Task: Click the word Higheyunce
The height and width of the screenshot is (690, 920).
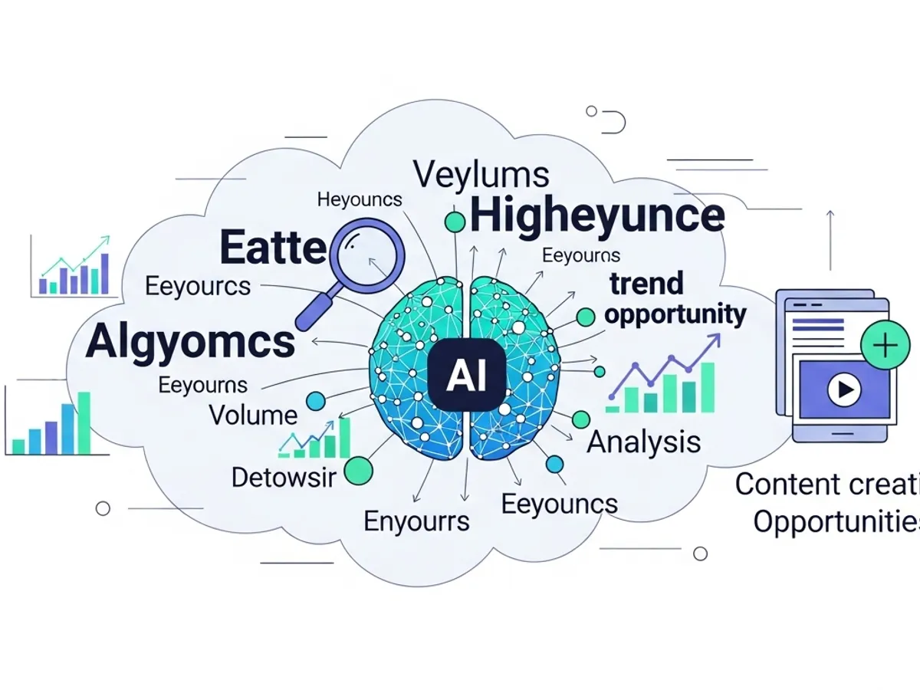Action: pos(597,215)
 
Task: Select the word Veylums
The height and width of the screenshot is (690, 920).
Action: pos(481,175)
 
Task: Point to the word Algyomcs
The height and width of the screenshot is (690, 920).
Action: pos(190,342)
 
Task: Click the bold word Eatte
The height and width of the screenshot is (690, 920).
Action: pos(273,248)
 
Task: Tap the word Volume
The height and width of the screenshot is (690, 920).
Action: pos(253,416)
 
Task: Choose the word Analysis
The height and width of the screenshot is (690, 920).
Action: pos(644,442)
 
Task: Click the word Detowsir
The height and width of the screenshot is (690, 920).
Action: pos(284,478)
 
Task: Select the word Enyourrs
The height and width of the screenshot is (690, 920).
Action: pos(416,521)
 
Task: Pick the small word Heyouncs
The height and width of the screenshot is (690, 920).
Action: pos(359,199)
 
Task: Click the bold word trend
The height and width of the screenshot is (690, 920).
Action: pos(646,284)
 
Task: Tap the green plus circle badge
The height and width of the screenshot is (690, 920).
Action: pos(886,346)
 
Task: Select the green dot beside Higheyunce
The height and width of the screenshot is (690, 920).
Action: pos(455,222)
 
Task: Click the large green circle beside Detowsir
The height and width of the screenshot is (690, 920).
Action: pos(358,471)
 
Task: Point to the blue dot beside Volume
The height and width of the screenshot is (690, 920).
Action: pos(314,400)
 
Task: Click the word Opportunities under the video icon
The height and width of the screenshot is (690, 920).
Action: pos(836,522)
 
